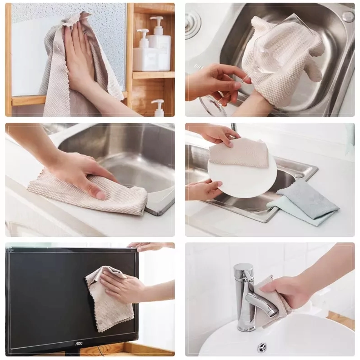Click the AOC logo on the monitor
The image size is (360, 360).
(79, 344)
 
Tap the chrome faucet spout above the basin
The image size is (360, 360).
(262, 304)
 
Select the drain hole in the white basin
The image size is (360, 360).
(262, 347)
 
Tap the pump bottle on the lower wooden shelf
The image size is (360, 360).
(158, 108)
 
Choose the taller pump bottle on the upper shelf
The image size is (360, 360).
(160, 44)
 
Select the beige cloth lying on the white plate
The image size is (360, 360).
(239, 152)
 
